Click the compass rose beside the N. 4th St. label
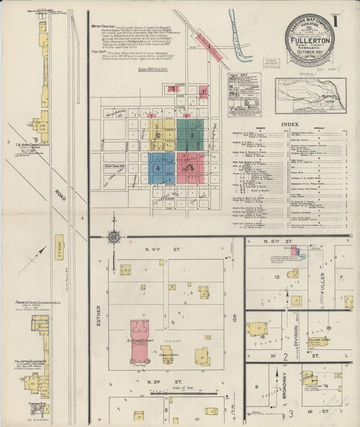(113, 236)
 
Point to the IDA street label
(236, 314)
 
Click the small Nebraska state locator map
(310, 95)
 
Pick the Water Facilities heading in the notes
(107, 26)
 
